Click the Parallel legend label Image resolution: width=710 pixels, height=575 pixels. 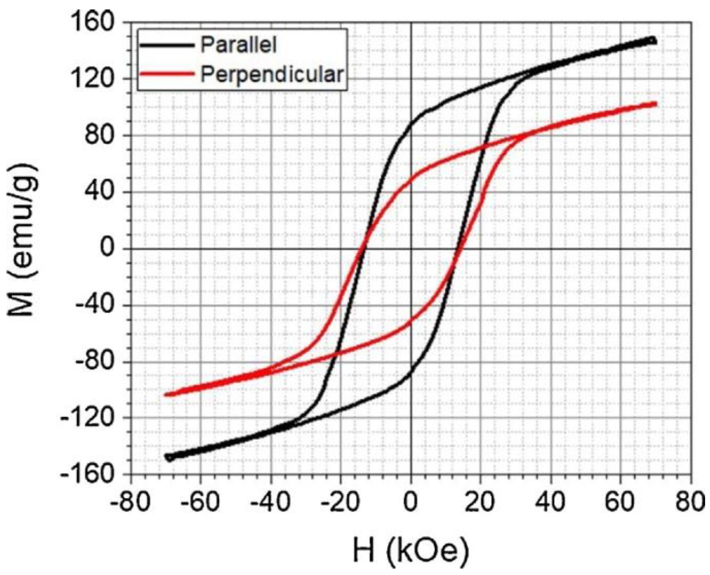(x=238, y=45)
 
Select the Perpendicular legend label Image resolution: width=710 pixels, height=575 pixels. (x=272, y=75)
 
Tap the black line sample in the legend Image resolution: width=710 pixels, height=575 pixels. (x=167, y=45)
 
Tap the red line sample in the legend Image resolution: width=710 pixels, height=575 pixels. (x=167, y=74)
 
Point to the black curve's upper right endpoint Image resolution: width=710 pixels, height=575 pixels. (x=652, y=40)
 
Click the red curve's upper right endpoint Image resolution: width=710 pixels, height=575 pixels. (x=655, y=104)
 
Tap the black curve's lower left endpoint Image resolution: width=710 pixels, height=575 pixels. (x=169, y=457)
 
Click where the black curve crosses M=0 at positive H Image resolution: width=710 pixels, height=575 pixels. (x=459, y=249)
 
